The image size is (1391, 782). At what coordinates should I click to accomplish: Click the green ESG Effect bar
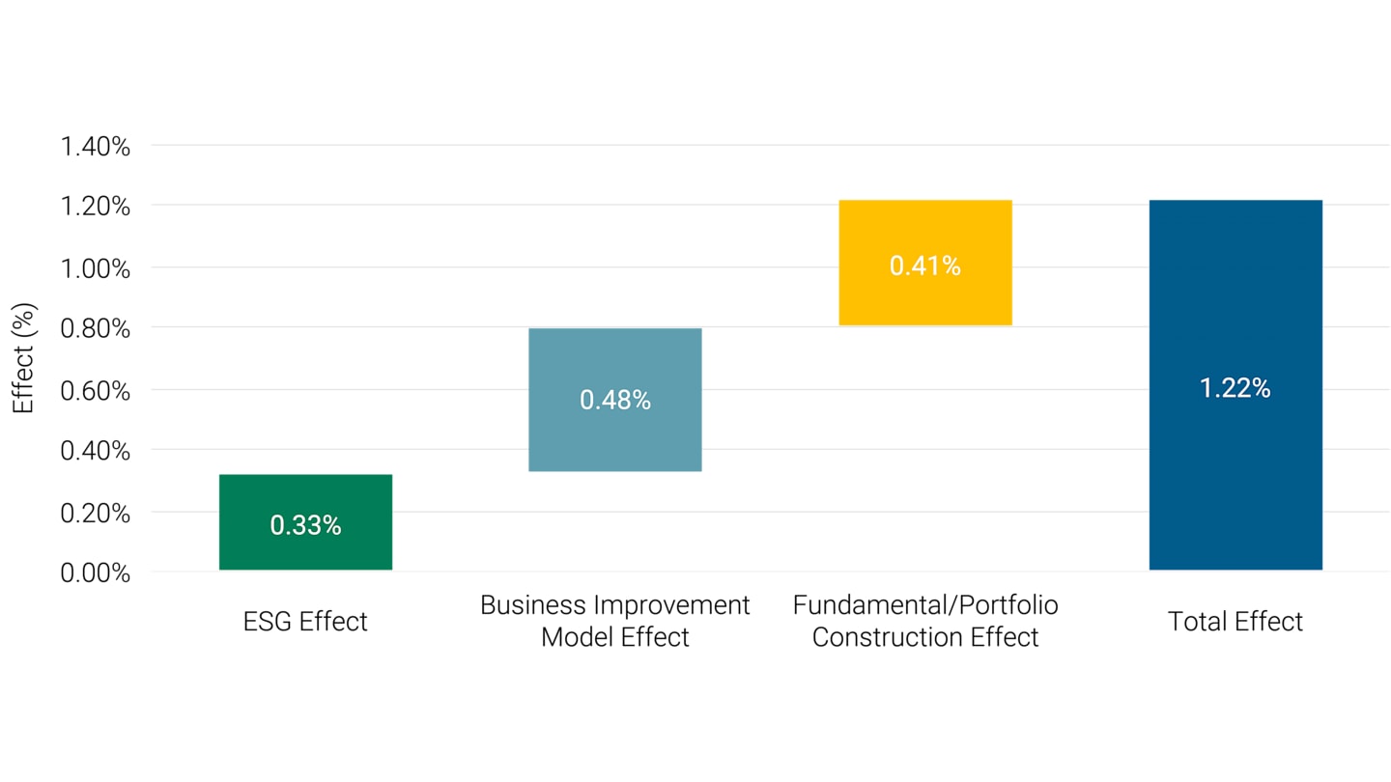pos(305,492)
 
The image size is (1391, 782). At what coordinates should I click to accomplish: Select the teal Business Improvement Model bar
pos(615,434)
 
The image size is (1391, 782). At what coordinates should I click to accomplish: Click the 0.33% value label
pos(305,525)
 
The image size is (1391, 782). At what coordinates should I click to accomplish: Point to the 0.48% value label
pos(615,400)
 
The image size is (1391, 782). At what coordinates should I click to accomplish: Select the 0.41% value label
pos(924,266)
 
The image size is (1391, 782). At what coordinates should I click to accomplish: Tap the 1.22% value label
pos(1235,388)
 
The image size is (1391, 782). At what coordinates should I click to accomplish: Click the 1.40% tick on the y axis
pos(95,147)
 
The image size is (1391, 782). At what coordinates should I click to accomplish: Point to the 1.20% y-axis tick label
pos(95,208)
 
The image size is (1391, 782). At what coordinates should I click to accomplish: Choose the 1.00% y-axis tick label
pos(95,268)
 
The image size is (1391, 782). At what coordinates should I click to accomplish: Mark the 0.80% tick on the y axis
pos(95,329)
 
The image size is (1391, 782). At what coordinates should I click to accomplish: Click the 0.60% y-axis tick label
pos(95,391)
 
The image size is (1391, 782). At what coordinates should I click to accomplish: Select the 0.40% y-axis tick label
pos(95,451)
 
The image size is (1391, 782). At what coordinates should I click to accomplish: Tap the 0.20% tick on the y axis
pos(95,513)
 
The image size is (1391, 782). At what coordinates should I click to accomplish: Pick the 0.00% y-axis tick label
pos(95,573)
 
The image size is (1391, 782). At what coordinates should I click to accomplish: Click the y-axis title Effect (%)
pos(24,358)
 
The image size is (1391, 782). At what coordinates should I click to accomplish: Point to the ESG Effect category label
pos(305,621)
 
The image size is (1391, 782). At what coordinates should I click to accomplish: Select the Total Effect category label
pos(1235,621)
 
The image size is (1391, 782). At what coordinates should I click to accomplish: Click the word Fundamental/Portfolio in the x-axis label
pos(924,605)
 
